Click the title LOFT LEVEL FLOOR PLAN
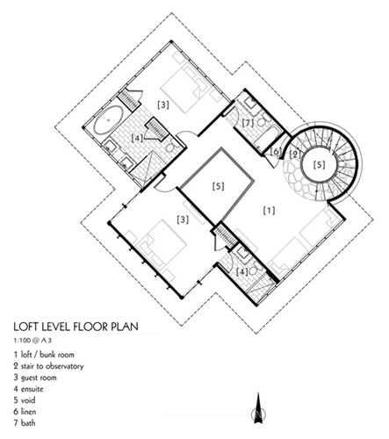pyautogui.click(x=76, y=327)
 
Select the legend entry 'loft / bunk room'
pyautogui.click(x=44, y=355)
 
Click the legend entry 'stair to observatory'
pyautogui.click(x=48, y=366)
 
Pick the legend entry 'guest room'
pyautogui.click(x=35, y=378)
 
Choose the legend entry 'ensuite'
pyautogui.click(x=28, y=389)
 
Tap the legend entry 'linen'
pyautogui.click(x=25, y=412)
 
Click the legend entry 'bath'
pyautogui.click(x=25, y=423)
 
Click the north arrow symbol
pyautogui.click(x=258, y=408)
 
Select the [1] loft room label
pyautogui.click(x=269, y=211)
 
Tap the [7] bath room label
pyautogui.click(x=248, y=123)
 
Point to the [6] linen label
pyautogui.click(x=276, y=151)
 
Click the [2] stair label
pyautogui.click(x=295, y=155)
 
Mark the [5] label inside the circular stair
pyautogui.click(x=319, y=165)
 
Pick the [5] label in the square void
pyautogui.click(x=218, y=186)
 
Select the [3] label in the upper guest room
pyautogui.click(x=163, y=104)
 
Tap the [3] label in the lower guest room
pyautogui.click(x=183, y=219)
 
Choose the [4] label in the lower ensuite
pyautogui.click(x=241, y=271)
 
